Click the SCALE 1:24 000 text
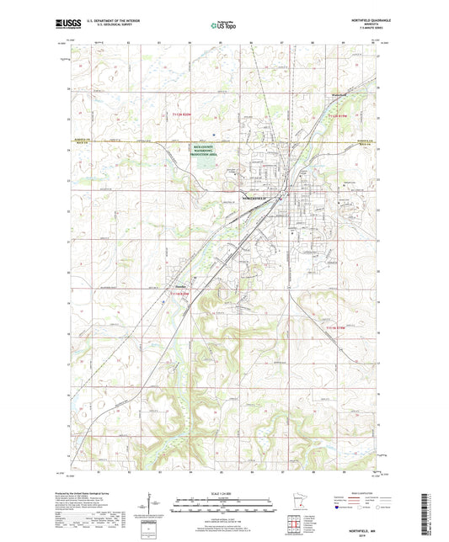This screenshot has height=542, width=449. [223, 492]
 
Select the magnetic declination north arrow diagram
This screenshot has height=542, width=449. [157, 505]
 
